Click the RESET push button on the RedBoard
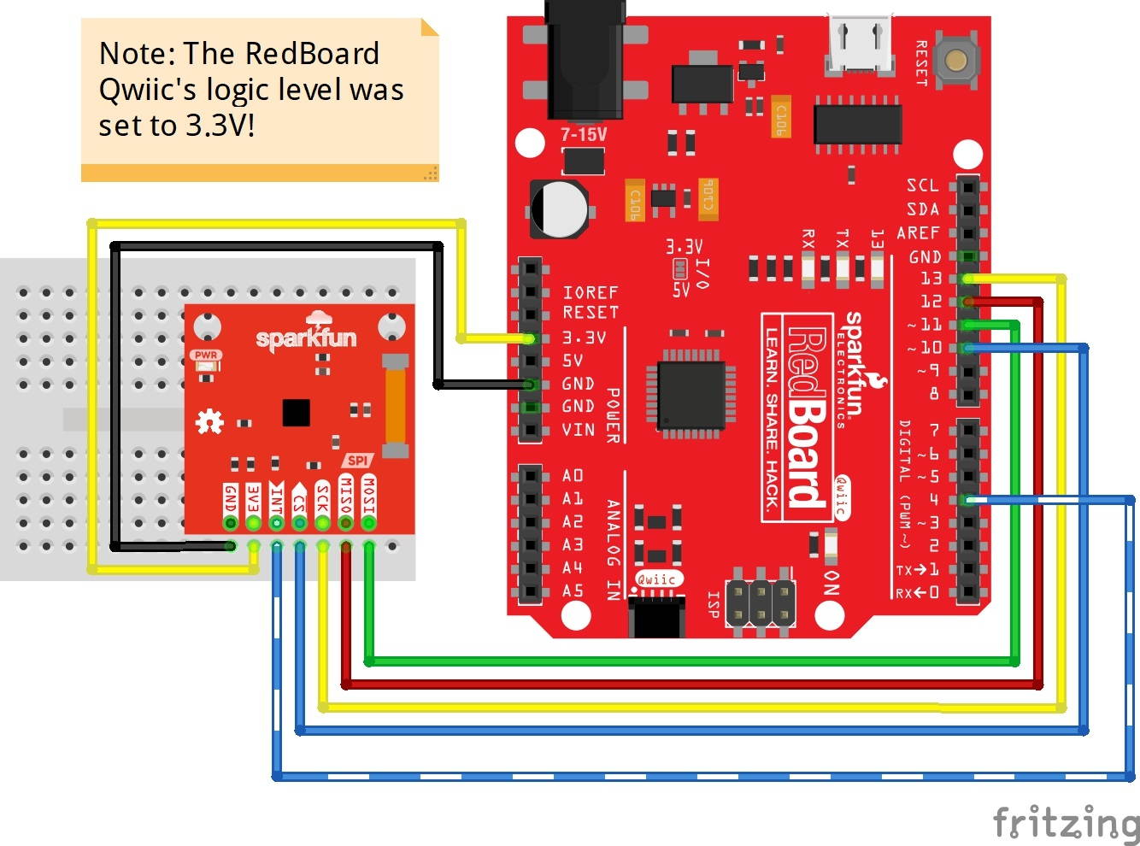point(956,60)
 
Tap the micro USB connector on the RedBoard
point(860,43)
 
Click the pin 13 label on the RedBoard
point(931,279)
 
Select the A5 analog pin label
point(573,590)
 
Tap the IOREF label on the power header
point(590,292)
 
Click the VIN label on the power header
point(579,429)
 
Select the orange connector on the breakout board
point(394,406)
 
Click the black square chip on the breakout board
point(296,412)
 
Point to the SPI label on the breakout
point(357,461)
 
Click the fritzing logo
point(1066,823)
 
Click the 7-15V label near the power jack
point(584,135)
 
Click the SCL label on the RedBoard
point(922,185)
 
